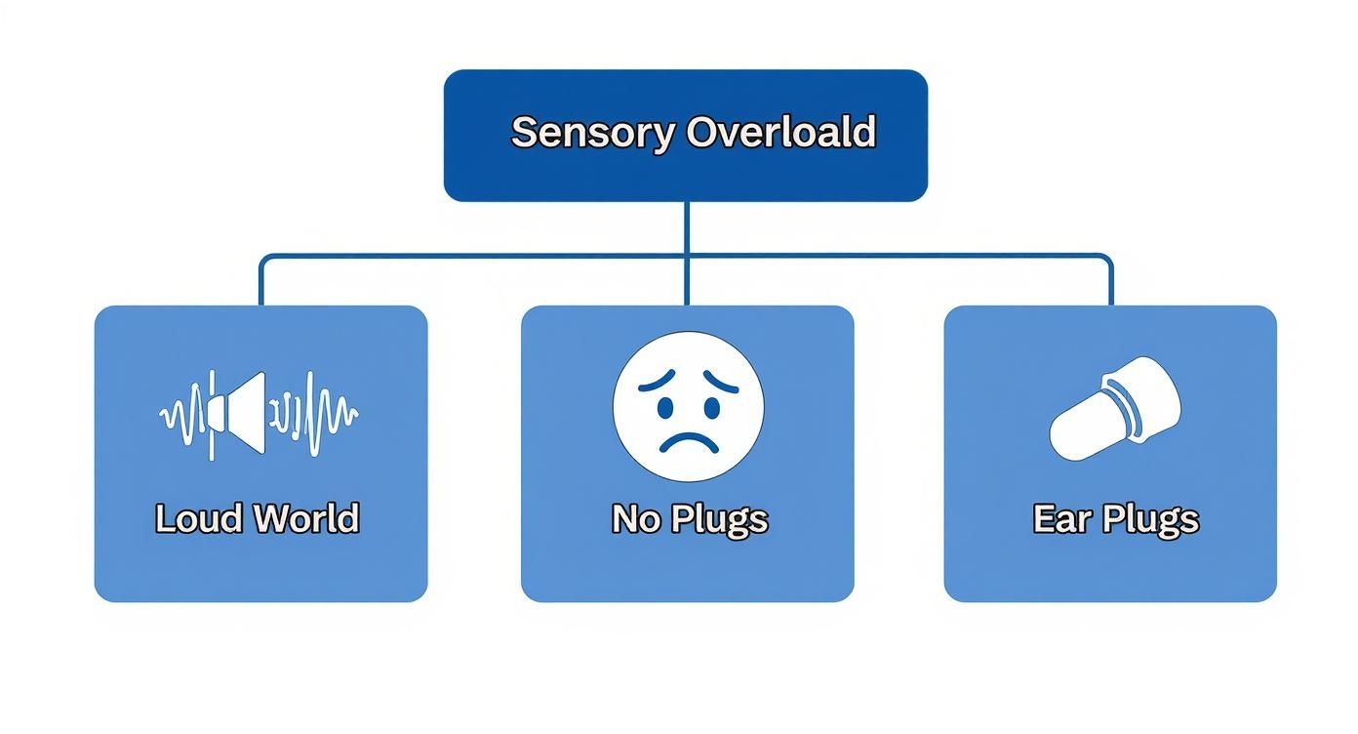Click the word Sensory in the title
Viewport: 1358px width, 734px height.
coord(591,132)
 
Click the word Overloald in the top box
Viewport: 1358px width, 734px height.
coord(780,132)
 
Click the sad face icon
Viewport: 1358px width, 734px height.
coord(688,406)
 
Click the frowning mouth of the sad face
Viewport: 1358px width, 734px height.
coord(688,439)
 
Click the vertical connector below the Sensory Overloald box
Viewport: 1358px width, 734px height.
coord(687,229)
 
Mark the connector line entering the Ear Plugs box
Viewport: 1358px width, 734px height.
coord(1110,283)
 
